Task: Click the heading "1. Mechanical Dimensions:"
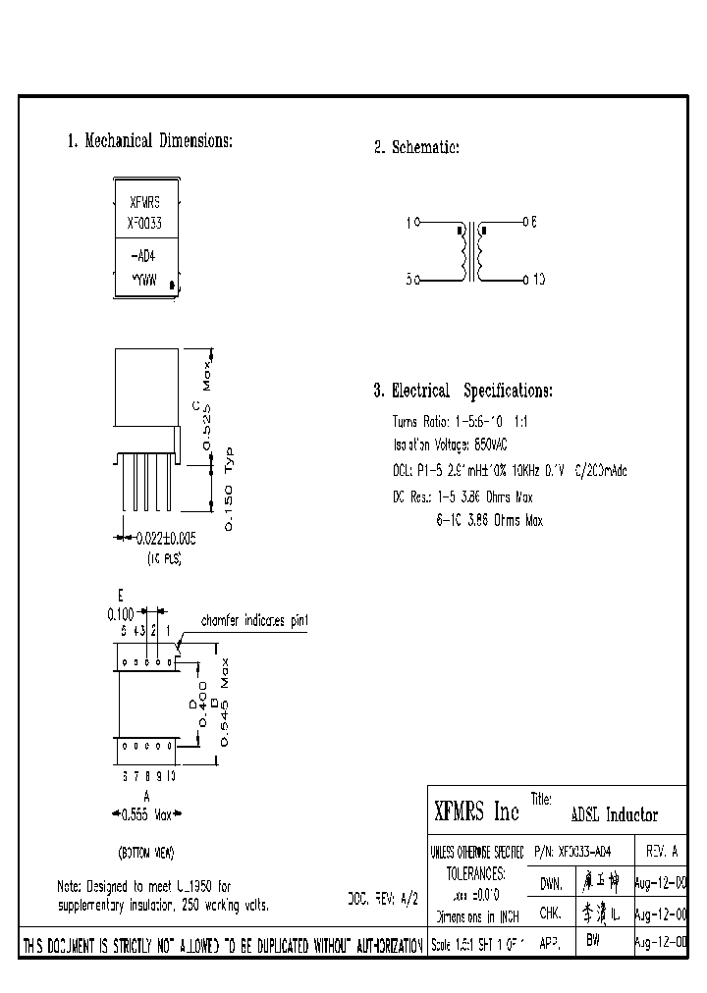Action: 149,141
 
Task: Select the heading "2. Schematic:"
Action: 416,148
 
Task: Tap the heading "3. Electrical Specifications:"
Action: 462,391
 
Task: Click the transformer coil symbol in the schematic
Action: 471,252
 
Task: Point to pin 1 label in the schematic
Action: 408,223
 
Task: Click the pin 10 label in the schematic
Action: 539,281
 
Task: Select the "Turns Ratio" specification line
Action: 461,420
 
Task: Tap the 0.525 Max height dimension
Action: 207,402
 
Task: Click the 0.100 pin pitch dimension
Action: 122,614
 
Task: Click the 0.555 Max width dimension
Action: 146,813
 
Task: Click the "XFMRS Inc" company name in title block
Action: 476,811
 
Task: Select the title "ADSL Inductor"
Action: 614,815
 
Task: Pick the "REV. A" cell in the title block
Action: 661,852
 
